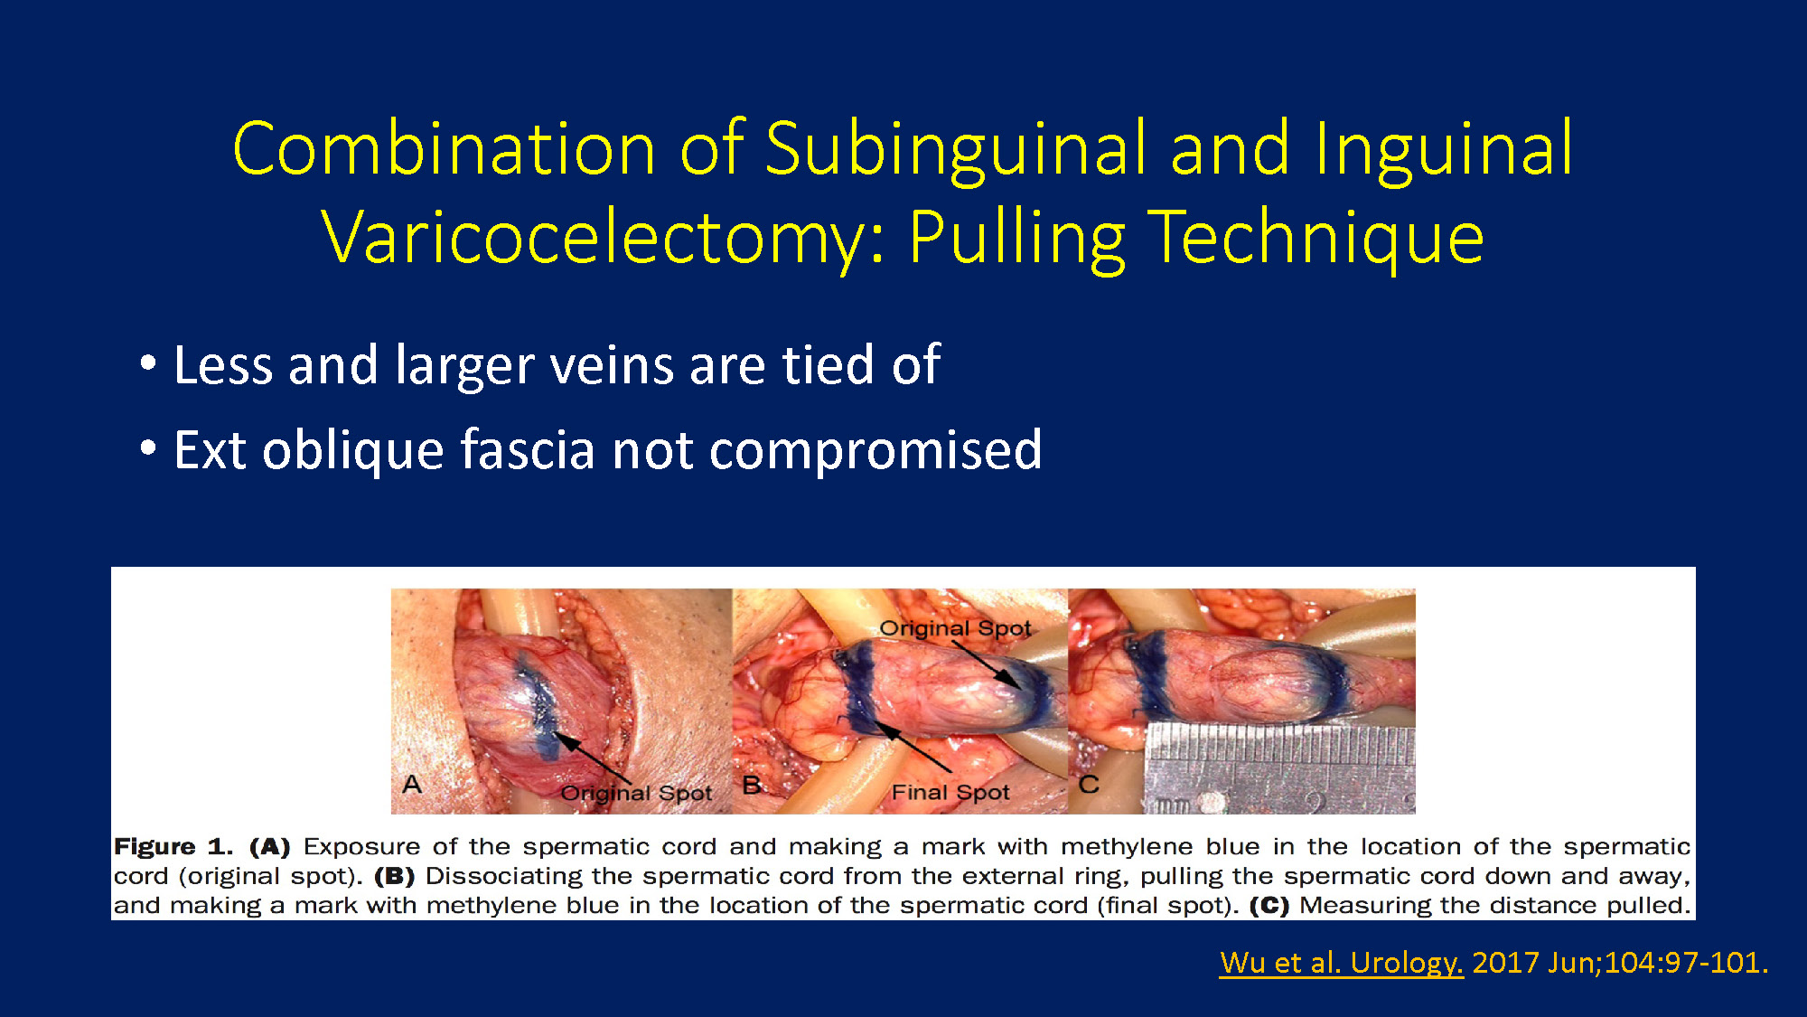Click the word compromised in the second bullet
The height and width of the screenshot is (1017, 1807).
click(x=875, y=450)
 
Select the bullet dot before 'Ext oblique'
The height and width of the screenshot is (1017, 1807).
click(x=148, y=449)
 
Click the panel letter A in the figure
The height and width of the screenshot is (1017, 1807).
click(x=412, y=784)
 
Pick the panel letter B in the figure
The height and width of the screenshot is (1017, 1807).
click(x=752, y=785)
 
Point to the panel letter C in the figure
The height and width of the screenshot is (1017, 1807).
click(x=1089, y=784)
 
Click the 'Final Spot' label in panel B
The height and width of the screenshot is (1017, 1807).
click(x=950, y=793)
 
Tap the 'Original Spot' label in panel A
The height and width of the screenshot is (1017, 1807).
click(x=637, y=794)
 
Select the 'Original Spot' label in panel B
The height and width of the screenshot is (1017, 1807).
click(x=955, y=628)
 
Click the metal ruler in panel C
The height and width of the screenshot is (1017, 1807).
click(x=1279, y=768)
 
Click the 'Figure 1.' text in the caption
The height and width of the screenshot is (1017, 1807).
click(x=173, y=847)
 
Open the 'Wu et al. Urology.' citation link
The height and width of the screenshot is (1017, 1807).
click(x=1342, y=963)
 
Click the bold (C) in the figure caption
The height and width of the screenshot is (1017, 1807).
click(x=1269, y=906)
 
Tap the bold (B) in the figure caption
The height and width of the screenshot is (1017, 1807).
click(x=394, y=876)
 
